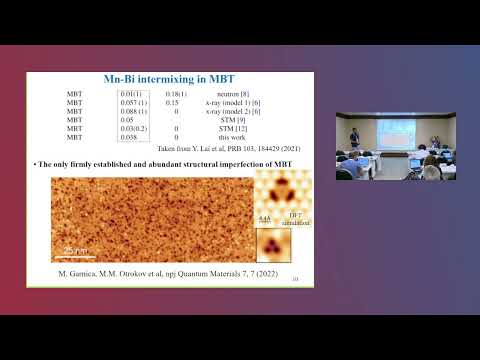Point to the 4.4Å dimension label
[x=264, y=216]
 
